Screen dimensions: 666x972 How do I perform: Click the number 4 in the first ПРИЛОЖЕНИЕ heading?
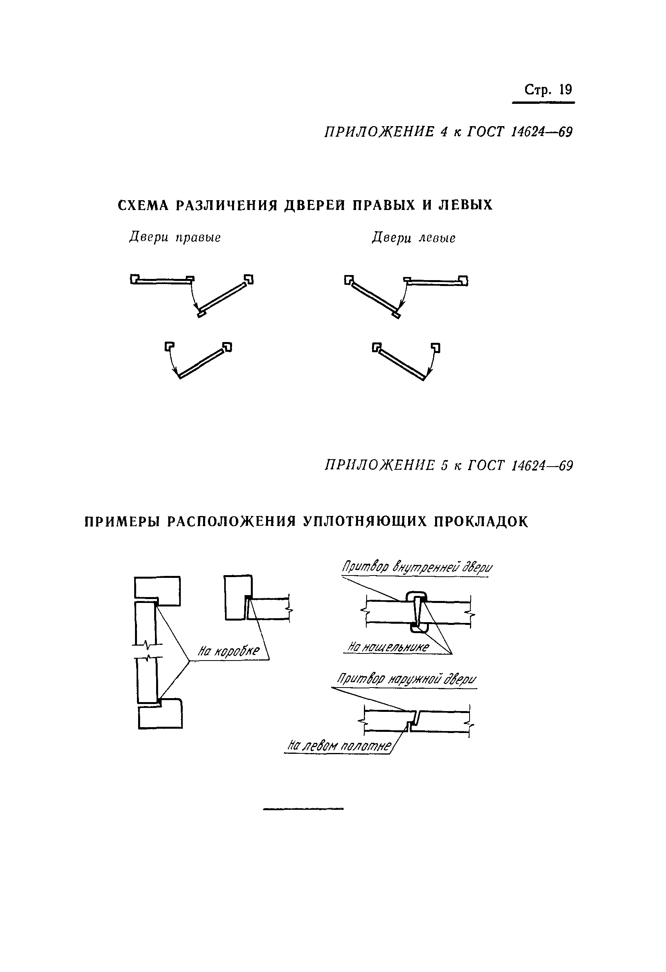pos(443,132)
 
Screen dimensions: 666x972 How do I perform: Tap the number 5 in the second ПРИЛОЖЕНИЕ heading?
pos(444,465)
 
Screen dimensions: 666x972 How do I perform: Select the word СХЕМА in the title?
pos(143,205)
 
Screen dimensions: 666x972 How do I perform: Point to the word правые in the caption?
pos(198,237)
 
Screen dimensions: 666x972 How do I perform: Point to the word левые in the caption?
pos(437,238)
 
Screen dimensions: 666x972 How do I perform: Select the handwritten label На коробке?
pos(229,651)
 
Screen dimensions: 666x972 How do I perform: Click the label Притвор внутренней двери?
pos(417,568)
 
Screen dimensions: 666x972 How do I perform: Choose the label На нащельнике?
pos(388,647)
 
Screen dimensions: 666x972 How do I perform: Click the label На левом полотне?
pos(339,745)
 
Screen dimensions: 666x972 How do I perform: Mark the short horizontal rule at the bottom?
pos(303,809)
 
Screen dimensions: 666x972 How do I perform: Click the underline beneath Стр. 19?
pos(543,103)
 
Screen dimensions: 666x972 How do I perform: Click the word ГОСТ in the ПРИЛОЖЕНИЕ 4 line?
pos(485,132)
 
